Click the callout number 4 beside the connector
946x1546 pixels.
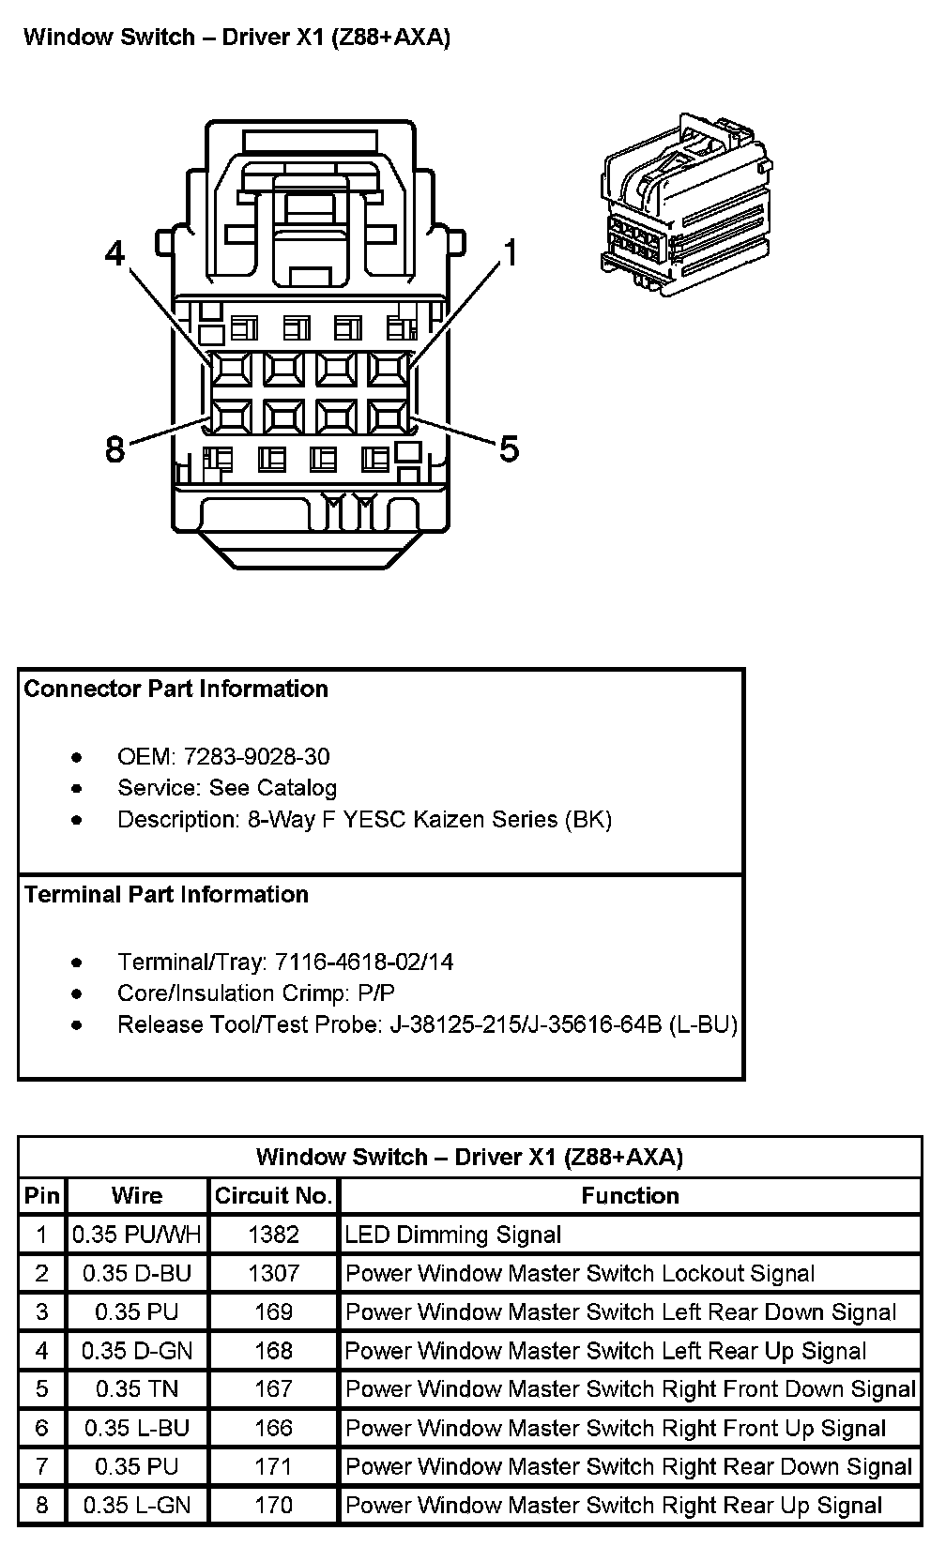[x=114, y=253]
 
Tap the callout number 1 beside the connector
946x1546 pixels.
[x=511, y=253]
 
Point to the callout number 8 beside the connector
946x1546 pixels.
[x=114, y=449]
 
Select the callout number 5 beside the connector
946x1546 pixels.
[x=509, y=449]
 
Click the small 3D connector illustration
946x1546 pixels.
[x=686, y=200]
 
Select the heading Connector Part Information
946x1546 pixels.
[x=176, y=690]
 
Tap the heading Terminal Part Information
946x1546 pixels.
[x=167, y=895]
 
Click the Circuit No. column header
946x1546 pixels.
[x=273, y=1196]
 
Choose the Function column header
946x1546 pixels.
[x=630, y=1196]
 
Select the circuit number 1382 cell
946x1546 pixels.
[x=273, y=1235]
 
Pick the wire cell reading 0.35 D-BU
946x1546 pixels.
[x=137, y=1274]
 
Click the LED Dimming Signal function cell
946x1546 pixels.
[x=453, y=1235]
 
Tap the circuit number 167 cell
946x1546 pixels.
[x=273, y=1389]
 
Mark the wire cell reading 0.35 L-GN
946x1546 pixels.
[x=137, y=1506]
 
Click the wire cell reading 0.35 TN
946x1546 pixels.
[x=137, y=1389]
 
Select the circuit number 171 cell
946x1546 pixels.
[x=273, y=1467]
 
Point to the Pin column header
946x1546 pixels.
[x=41, y=1196]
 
